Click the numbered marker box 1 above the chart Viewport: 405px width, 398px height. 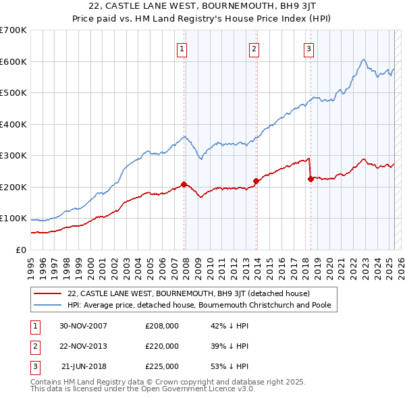183,48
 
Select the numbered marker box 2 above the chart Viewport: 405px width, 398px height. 254,48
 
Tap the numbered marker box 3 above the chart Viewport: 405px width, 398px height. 308,48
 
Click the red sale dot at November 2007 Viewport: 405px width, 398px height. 184,184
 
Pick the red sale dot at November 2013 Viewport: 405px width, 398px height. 256,181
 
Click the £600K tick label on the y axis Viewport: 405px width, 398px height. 13,61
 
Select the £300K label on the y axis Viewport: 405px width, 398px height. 13,155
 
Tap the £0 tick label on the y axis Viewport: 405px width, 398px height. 20,250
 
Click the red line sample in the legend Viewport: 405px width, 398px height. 47,293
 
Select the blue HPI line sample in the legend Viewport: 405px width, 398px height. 47,305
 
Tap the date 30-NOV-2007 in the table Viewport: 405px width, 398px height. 84,326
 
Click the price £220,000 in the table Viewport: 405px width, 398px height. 162,346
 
